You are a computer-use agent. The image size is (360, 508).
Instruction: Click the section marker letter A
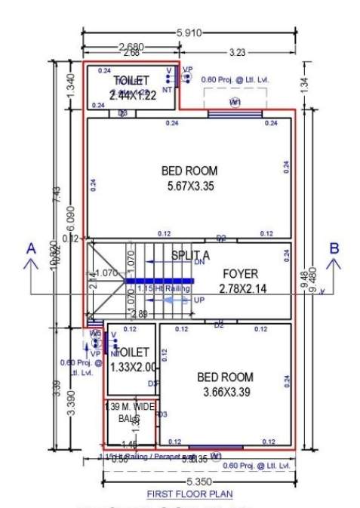(x=31, y=249)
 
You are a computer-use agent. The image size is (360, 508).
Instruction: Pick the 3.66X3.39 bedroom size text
(x=225, y=392)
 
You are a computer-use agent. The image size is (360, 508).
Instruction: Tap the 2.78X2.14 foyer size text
(x=238, y=288)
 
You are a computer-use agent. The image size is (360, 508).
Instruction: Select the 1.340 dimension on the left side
(x=72, y=86)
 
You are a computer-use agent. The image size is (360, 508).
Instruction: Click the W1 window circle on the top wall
(x=235, y=102)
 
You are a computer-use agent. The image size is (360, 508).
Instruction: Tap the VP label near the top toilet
(x=187, y=69)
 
